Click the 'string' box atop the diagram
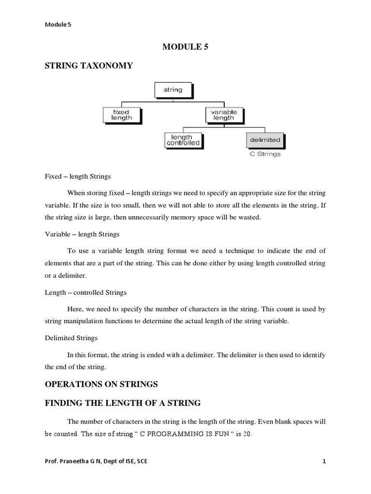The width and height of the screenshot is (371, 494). tap(173, 90)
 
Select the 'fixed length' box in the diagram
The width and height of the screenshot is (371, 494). tap(121, 115)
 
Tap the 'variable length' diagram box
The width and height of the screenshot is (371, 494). tap(224, 115)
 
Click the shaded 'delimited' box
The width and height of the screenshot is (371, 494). tap(265, 140)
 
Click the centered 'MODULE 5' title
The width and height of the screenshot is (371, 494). tap(185, 46)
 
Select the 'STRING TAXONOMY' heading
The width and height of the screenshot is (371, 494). tap(89, 66)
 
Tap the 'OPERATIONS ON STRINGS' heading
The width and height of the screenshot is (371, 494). tap(101, 384)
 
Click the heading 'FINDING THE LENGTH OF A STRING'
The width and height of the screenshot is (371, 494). tap(123, 403)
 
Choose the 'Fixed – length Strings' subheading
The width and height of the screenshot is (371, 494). tap(78, 176)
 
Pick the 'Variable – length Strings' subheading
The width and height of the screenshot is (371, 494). tap(82, 234)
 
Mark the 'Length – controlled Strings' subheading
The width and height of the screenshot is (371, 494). tap(86, 292)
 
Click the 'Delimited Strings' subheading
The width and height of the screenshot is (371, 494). tap(71, 338)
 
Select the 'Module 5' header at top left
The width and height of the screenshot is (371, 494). tap(57, 25)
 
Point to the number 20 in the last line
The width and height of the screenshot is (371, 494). tap(247, 434)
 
